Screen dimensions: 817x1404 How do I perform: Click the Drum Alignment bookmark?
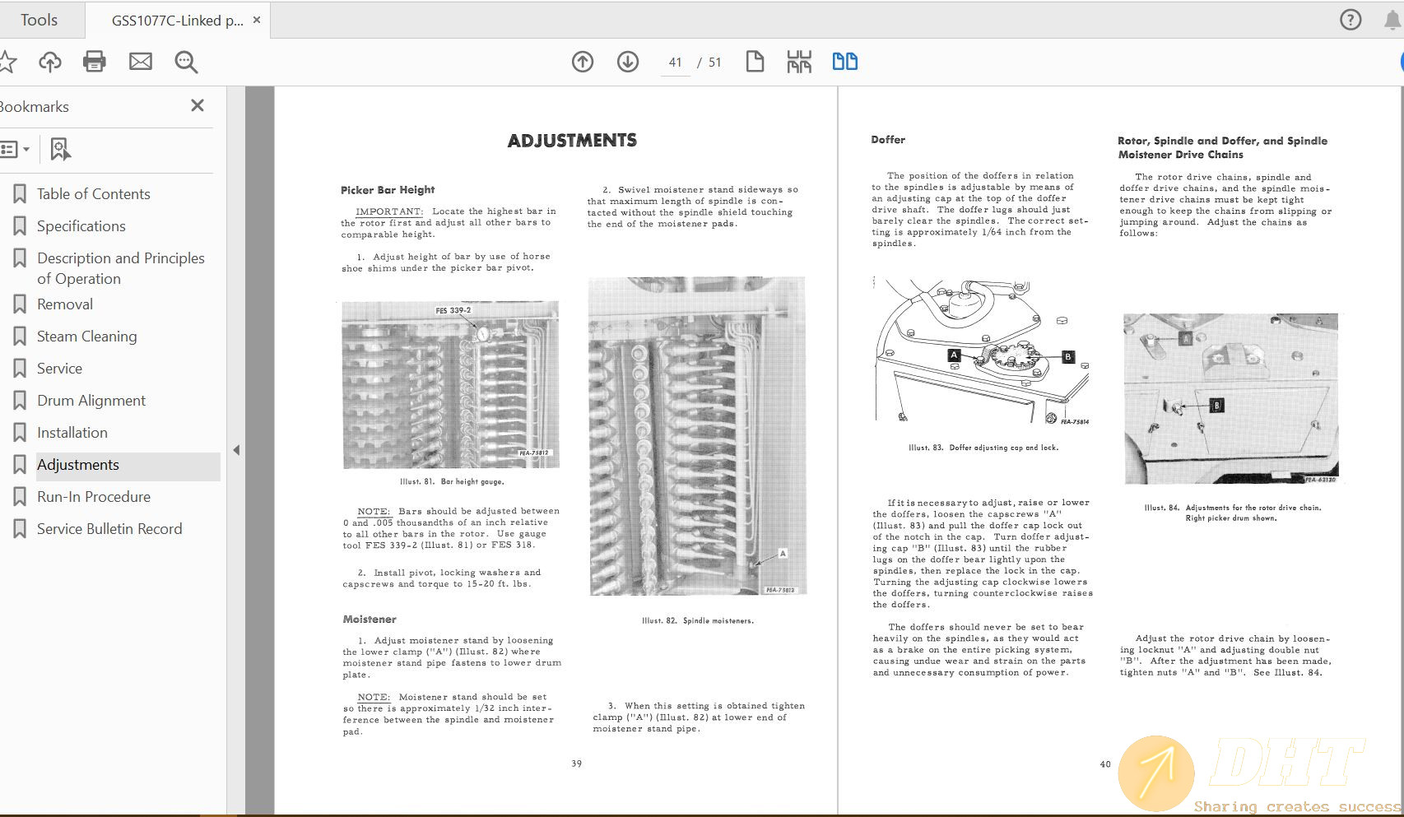[x=91, y=401]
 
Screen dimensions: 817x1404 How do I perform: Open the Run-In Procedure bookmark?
[x=93, y=497]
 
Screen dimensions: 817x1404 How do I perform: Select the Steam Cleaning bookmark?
[x=86, y=337]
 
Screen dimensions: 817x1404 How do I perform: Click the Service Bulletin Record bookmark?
[x=109, y=529]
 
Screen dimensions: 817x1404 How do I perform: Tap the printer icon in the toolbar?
[x=95, y=62]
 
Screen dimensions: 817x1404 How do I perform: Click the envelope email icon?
[x=141, y=62]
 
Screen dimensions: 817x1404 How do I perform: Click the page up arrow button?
[x=583, y=62]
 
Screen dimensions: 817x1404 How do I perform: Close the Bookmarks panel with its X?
[x=198, y=105]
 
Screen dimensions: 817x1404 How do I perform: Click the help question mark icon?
[x=1351, y=20]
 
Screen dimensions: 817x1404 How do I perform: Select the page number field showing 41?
[x=676, y=63]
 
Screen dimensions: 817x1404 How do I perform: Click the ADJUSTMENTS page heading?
[x=572, y=141]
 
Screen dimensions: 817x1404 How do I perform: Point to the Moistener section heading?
[x=370, y=620]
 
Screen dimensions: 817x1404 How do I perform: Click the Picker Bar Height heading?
[x=388, y=190]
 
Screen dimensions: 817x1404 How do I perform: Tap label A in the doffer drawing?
[x=954, y=355]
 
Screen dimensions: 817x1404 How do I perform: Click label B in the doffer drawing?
[x=1067, y=357]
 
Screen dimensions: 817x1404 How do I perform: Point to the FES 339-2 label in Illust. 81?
[x=453, y=311]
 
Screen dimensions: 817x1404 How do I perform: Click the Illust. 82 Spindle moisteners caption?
[x=698, y=620]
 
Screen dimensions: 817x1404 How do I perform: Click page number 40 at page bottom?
[x=1105, y=764]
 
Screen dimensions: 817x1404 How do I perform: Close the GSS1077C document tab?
[x=257, y=20]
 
